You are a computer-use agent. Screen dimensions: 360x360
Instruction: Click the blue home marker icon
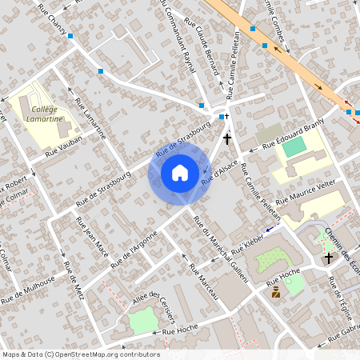tap(180, 172)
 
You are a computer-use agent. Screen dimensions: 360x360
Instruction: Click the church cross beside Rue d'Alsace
tap(227, 138)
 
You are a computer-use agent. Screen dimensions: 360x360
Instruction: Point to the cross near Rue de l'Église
tap(329, 258)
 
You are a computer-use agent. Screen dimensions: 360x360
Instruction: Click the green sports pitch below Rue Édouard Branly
tap(294, 148)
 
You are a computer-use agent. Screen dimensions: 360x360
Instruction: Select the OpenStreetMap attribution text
tap(80, 354)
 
